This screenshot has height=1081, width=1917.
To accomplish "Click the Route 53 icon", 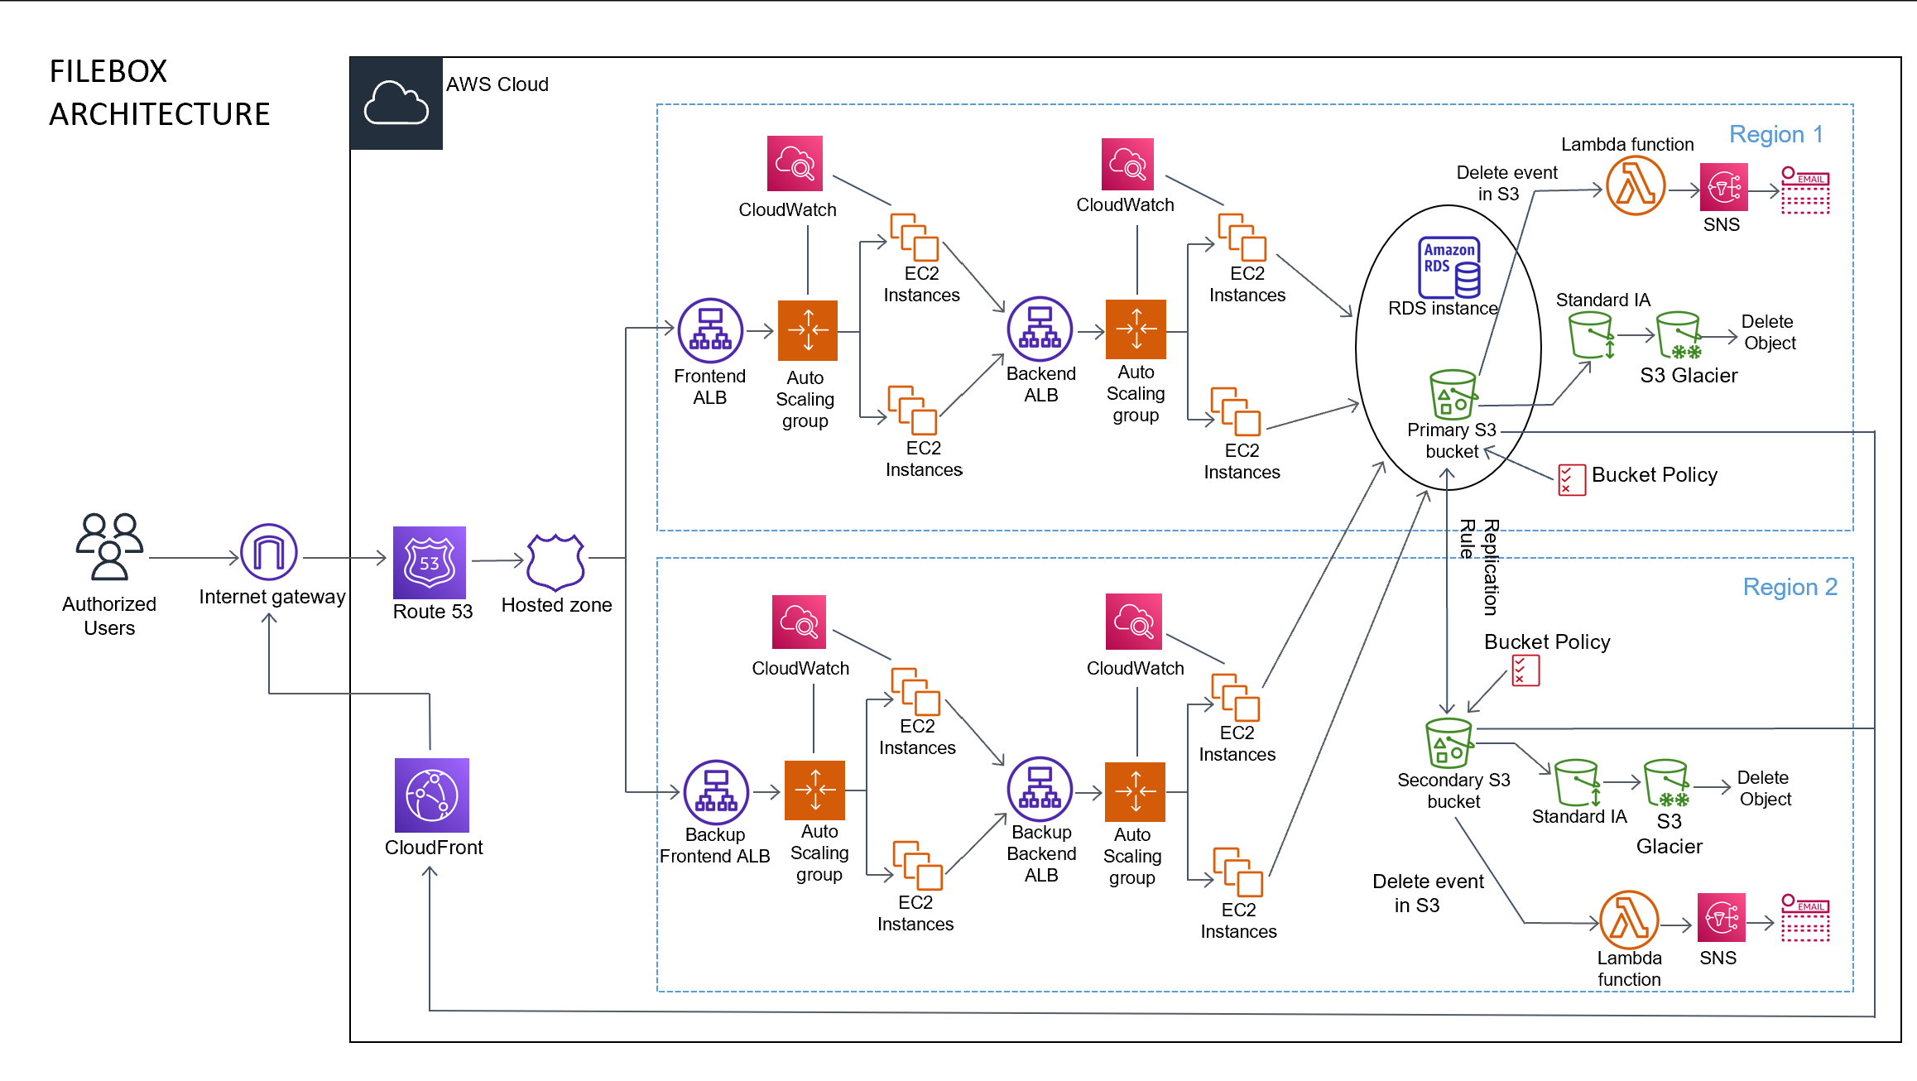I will pyautogui.click(x=429, y=563).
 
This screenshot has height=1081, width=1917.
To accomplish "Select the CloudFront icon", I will pyautogui.click(x=431, y=795).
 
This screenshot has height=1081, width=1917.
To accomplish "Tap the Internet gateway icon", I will pyautogui.click(x=268, y=552).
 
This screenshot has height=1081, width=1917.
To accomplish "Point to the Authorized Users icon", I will pyautogui.click(x=109, y=546).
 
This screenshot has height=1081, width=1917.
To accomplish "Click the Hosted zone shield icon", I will pyautogui.click(x=555, y=561).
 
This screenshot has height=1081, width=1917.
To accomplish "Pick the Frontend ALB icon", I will pyautogui.click(x=709, y=331).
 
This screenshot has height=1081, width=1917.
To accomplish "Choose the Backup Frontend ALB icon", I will pyautogui.click(x=716, y=792).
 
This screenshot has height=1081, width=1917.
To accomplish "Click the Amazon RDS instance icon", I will pyautogui.click(x=1449, y=267).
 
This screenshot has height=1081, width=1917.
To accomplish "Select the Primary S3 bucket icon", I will pyautogui.click(x=1452, y=394).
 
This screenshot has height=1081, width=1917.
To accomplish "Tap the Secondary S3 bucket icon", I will pyautogui.click(x=1449, y=742).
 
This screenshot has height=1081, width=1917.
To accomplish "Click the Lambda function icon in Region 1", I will pyautogui.click(x=1635, y=187).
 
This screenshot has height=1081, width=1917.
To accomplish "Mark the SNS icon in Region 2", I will pyautogui.click(x=1721, y=917).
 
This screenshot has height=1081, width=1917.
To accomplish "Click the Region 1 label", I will pyautogui.click(x=1775, y=134).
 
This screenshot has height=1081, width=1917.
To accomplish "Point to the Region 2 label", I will pyautogui.click(x=1790, y=587).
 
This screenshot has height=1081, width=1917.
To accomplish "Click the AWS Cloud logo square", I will pyautogui.click(x=396, y=103).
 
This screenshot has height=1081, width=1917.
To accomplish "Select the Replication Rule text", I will pyautogui.click(x=1478, y=566).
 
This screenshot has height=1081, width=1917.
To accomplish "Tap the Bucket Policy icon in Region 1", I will pyautogui.click(x=1571, y=479).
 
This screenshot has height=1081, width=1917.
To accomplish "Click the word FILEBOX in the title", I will pyautogui.click(x=108, y=71).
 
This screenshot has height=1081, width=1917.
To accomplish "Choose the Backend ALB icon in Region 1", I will pyautogui.click(x=1040, y=329).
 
